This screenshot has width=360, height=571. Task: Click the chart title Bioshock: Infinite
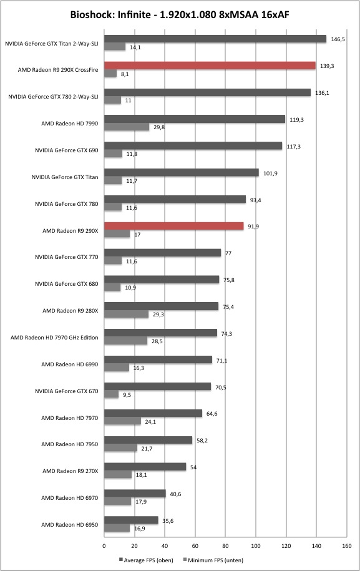(x=110, y=14)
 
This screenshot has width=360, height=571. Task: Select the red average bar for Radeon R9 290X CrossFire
(x=210, y=66)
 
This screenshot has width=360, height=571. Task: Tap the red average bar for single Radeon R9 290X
(x=174, y=226)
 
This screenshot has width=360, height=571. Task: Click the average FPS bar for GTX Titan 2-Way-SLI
(x=215, y=39)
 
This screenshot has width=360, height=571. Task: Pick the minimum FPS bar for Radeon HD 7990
(x=127, y=127)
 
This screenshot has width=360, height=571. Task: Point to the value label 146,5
(x=338, y=39)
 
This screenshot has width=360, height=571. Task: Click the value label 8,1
(x=125, y=74)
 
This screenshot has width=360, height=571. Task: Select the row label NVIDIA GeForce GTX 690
(x=67, y=150)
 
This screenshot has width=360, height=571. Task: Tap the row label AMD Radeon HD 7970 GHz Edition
(x=54, y=338)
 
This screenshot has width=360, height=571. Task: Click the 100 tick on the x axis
(x=256, y=545)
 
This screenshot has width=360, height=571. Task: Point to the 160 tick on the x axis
(x=346, y=545)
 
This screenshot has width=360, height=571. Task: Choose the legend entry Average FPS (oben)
(x=146, y=560)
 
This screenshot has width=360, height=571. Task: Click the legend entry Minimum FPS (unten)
(x=213, y=560)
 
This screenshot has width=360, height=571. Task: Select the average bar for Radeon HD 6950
(x=132, y=520)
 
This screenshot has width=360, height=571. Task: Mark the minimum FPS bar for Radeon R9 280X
(x=126, y=315)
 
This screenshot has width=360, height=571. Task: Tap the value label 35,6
(x=168, y=520)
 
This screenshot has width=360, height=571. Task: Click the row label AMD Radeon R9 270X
(x=71, y=471)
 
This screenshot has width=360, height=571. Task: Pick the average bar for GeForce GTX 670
(x=158, y=386)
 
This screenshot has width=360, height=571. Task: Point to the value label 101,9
(x=270, y=173)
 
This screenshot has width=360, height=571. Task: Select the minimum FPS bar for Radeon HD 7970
(x=123, y=421)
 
